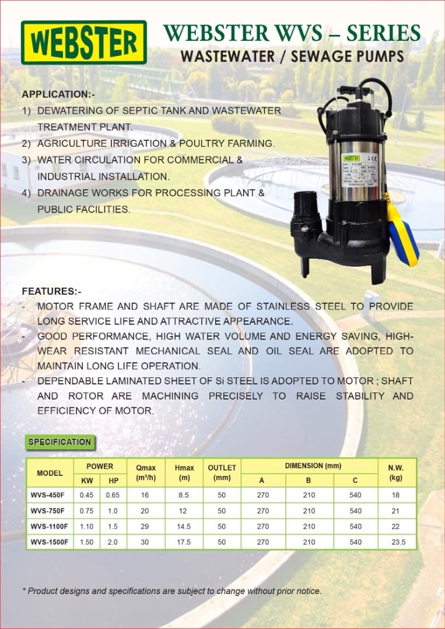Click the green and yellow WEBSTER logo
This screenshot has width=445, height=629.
[83, 42]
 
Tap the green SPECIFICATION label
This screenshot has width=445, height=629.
[60, 442]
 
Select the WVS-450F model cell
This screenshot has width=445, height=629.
[49, 495]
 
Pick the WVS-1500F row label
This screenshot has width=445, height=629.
[50, 542]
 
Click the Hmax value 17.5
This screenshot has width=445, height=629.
[184, 542]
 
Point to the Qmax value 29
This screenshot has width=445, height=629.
[145, 526]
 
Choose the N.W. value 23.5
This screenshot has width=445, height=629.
[395, 542]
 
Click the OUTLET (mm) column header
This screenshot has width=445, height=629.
[222, 472]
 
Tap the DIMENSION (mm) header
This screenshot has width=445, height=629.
[309, 466]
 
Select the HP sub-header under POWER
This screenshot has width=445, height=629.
[113, 480]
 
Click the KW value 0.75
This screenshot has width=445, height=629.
[86, 511]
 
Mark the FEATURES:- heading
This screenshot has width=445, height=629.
[52, 291]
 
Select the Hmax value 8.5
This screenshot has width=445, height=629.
[184, 495]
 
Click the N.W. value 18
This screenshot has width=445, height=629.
[395, 495]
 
